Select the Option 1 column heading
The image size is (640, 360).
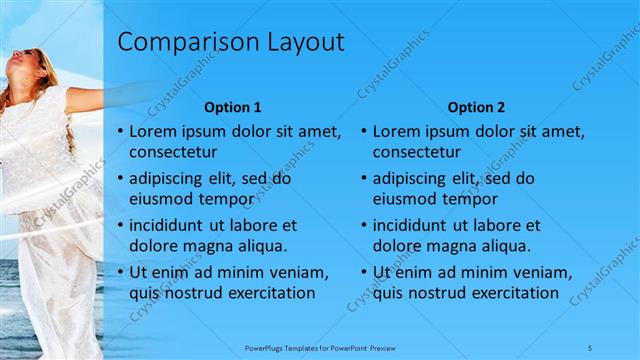233,107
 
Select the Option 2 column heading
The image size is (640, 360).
476,107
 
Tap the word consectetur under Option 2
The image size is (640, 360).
417,153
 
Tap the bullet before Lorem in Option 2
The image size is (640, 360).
364,132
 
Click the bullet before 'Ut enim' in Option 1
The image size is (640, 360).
121,272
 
